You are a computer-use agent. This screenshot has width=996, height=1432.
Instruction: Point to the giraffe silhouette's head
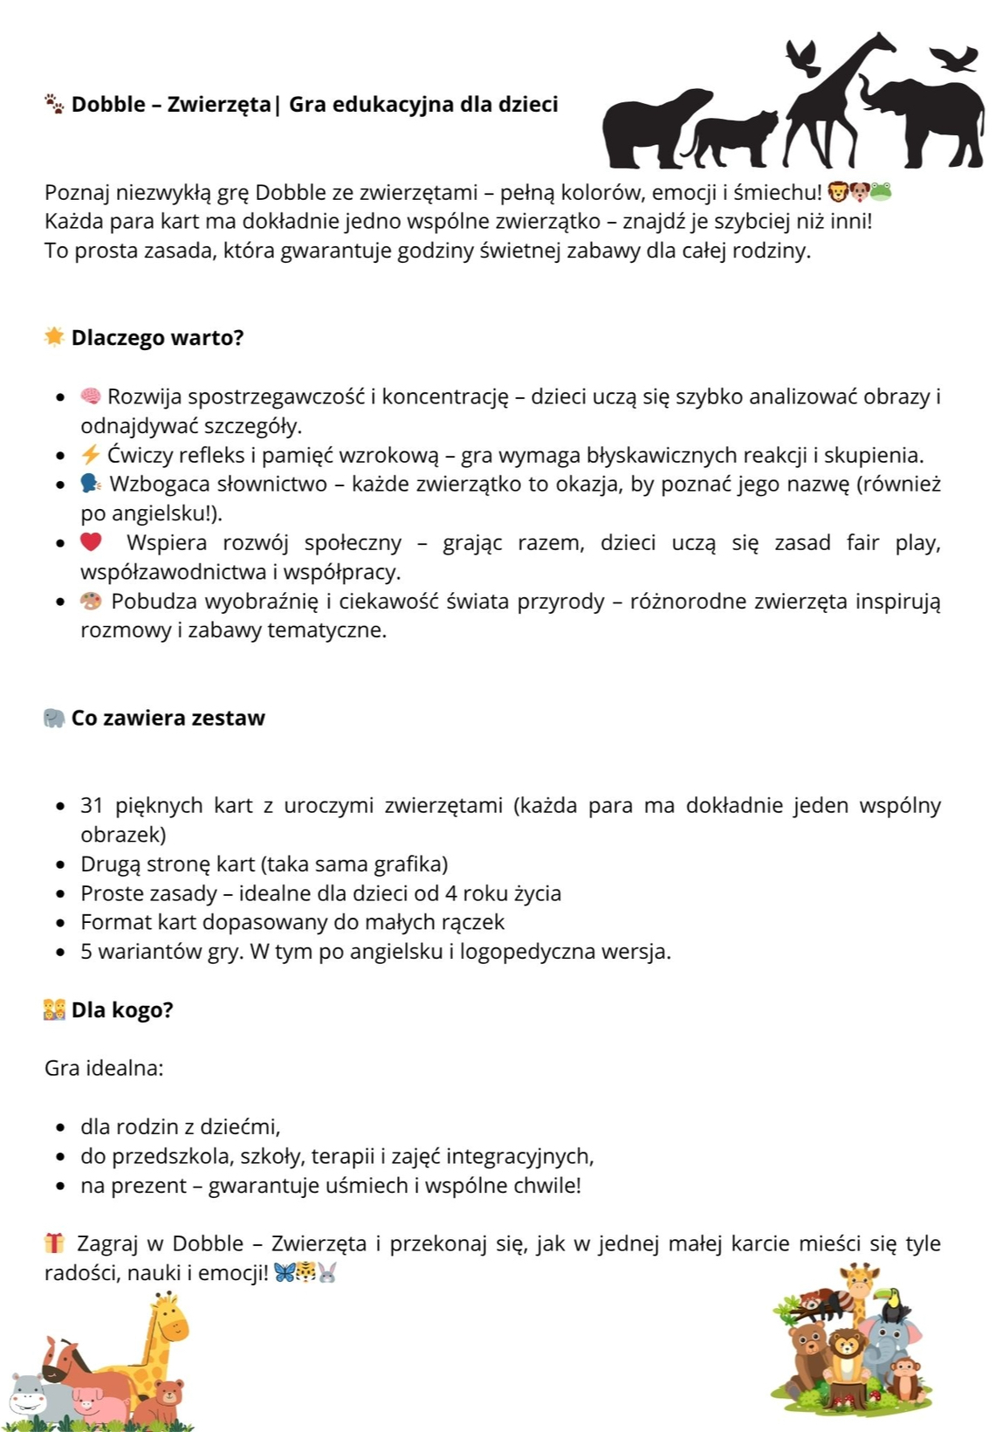(877, 43)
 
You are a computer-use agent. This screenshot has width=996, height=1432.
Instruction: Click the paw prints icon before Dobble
(54, 105)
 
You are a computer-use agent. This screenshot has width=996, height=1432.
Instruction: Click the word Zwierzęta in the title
(218, 105)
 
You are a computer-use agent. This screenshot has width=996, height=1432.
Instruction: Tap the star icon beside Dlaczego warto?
(54, 337)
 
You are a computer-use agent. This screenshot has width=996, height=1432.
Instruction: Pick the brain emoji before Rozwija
(91, 396)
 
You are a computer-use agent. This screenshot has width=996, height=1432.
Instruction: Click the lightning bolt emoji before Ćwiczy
(91, 455)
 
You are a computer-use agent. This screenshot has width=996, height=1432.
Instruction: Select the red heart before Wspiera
(91, 542)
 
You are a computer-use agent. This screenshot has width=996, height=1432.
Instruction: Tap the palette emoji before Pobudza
(91, 601)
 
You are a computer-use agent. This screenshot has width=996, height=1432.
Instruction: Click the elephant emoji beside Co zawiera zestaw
(54, 718)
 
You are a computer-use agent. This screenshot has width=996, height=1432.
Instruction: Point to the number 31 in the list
(93, 805)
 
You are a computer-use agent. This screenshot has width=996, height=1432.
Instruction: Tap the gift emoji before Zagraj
(54, 1243)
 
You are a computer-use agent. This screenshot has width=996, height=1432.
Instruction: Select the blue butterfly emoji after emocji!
(284, 1272)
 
